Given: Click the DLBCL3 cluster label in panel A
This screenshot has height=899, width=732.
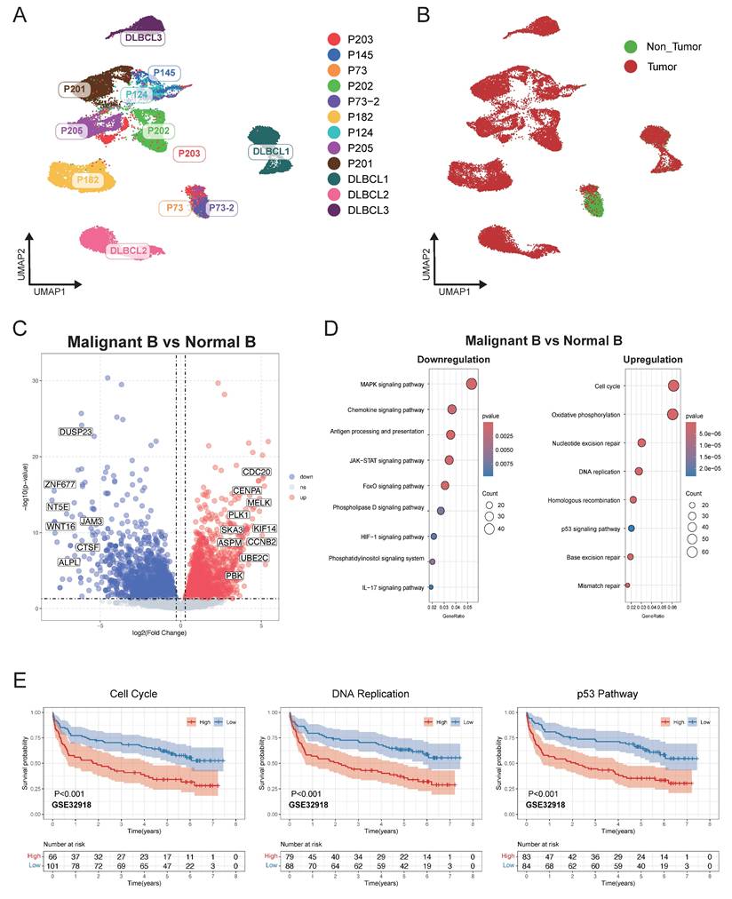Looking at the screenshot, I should tap(141, 38).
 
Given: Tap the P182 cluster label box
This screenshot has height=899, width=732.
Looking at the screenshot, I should tap(88, 180).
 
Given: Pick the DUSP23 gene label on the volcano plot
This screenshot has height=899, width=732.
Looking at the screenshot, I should tap(76, 432).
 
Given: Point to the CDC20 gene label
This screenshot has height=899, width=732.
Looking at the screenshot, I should tap(257, 473).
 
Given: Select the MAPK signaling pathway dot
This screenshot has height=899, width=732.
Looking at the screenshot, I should tap(471, 384).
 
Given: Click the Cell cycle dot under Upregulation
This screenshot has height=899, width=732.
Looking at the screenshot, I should tap(673, 386).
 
